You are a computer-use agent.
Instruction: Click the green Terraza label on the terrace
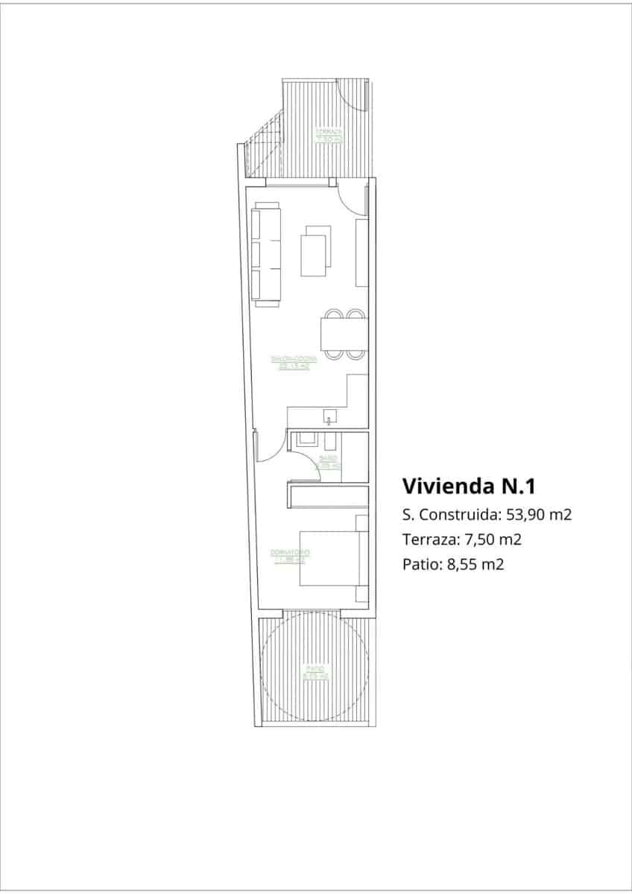tap(329, 136)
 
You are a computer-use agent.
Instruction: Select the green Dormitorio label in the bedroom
tap(290, 555)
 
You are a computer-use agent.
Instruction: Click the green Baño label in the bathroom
tap(329, 462)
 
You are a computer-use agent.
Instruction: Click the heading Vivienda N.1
tap(469, 486)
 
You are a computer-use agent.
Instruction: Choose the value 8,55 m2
tap(475, 564)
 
